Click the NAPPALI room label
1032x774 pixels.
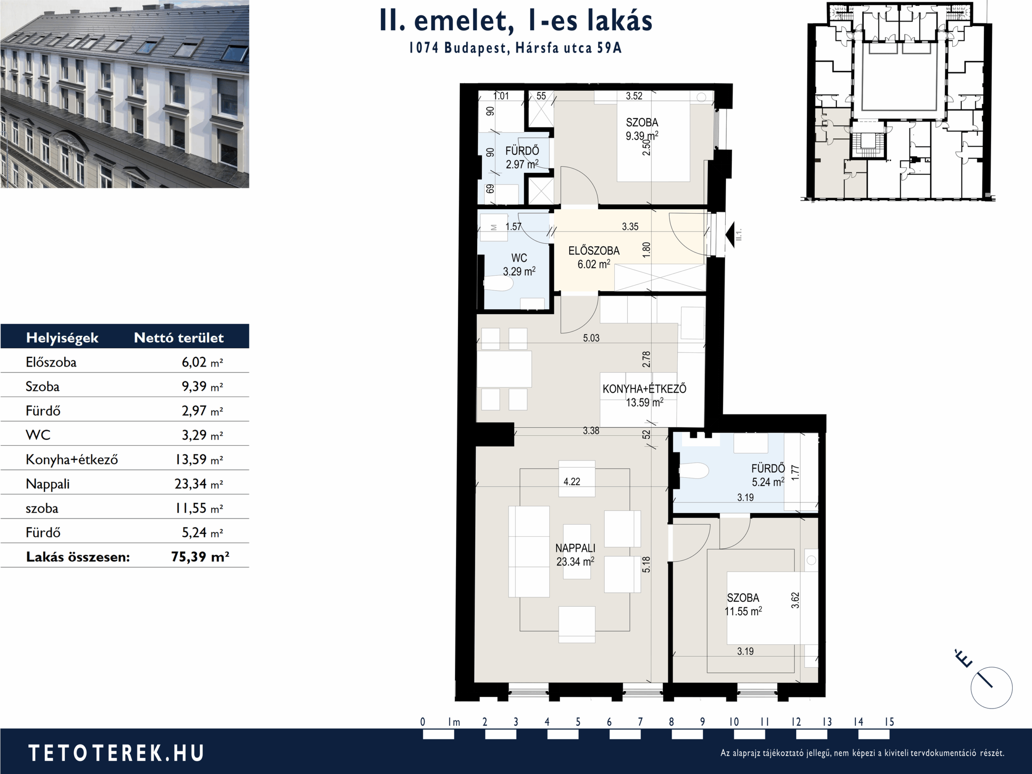575,548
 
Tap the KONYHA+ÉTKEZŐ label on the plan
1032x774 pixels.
644,389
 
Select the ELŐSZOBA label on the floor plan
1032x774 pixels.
594,250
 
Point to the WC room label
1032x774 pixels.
519,258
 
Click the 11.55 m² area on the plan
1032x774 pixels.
743,611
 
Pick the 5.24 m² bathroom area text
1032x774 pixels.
768,482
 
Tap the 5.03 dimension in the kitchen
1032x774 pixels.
591,338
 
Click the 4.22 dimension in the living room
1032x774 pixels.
572,481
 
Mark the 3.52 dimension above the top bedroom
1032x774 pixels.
634,96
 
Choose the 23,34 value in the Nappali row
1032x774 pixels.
190,484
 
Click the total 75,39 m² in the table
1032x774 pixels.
200,557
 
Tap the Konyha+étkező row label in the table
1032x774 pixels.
72,460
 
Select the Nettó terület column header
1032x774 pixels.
179,337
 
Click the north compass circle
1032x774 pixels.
992,688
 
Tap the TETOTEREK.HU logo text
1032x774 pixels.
116,753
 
